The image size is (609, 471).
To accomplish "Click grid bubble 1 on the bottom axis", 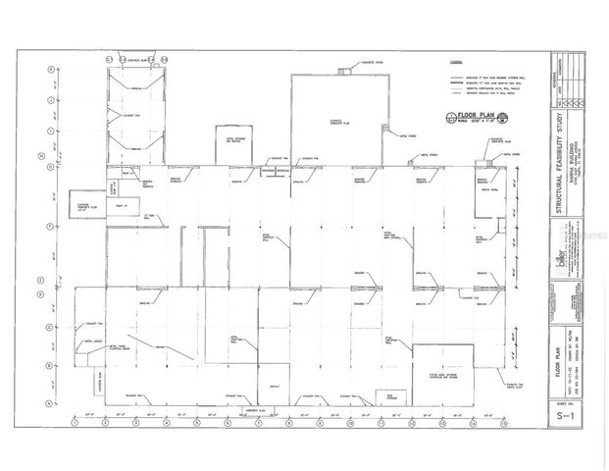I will (x=76, y=423).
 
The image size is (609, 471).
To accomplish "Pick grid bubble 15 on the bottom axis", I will (x=504, y=423).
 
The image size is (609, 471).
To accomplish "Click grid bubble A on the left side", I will (x=50, y=401).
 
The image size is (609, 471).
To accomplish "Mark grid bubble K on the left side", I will (x=50, y=71).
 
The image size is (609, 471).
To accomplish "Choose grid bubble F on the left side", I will (x=50, y=227).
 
